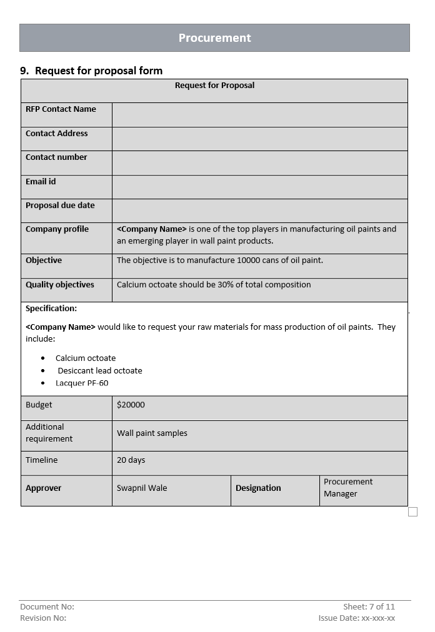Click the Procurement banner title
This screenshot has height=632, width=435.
(214, 38)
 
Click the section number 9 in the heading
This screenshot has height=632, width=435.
(24, 71)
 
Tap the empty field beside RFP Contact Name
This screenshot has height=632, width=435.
(259, 114)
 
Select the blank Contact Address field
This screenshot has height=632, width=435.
(259, 139)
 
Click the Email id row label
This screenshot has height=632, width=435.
(41, 182)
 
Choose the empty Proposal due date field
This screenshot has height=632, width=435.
(259, 210)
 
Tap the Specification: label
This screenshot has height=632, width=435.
(51, 309)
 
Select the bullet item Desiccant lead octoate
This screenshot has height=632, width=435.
(100, 371)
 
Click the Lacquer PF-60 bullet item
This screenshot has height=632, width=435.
(82, 383)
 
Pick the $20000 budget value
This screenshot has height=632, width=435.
(131, 405)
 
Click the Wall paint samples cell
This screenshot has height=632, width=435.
(152, 433)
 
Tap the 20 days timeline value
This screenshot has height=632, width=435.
(131, 460)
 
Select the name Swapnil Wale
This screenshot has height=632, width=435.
(142, 488)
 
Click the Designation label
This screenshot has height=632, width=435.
(258, 488)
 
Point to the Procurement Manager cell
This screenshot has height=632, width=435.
(347, 488)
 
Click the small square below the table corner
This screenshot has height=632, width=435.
(412, 512)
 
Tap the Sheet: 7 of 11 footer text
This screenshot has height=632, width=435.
(369, 607)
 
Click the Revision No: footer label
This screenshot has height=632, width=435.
(43, 618)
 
